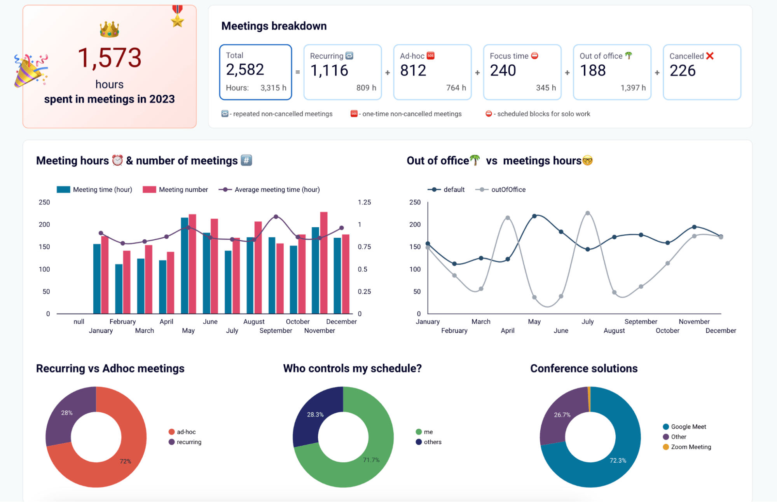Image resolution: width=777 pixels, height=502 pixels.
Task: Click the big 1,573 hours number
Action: [109, 58]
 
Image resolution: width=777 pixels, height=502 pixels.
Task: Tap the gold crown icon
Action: [109, 30]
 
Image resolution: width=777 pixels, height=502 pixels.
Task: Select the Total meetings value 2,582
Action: [245, 70]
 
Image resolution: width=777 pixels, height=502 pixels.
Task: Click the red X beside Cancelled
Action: [710, 56]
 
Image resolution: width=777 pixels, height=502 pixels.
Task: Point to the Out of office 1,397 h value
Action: [633, 88]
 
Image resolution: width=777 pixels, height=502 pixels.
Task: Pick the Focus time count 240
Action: [503, 70]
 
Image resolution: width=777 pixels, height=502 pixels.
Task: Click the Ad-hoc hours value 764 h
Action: [456, 88]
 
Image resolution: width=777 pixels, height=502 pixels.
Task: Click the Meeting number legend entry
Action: [176, 190]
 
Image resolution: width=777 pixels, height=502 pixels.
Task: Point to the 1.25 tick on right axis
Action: [364, 202]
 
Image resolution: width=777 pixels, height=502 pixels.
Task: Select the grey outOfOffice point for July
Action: [588, 213]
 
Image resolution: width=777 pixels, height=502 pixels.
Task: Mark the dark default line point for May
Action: [534, 216]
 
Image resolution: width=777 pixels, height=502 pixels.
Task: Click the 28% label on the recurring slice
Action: [67, 413]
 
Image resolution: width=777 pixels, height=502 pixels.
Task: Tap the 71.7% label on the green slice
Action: [371, 460]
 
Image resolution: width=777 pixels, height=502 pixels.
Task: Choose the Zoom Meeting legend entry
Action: [687, 447]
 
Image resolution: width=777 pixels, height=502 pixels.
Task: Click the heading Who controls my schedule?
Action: [352, 368]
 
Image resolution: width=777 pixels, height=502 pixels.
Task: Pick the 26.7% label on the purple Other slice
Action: [562, 415]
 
